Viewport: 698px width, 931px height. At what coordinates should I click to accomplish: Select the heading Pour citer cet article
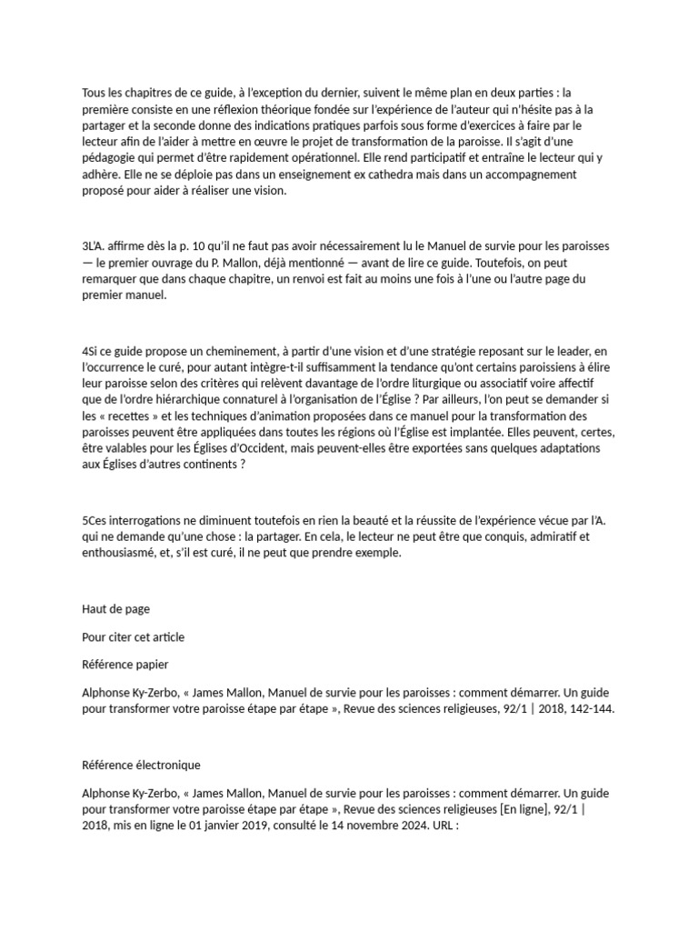133,636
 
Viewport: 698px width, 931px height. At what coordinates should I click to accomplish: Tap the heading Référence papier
125,664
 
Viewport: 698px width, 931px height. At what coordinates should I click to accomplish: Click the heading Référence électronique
141,766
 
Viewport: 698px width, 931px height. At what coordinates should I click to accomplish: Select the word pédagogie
111,157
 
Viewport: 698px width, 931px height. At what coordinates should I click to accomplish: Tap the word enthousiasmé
123,553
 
